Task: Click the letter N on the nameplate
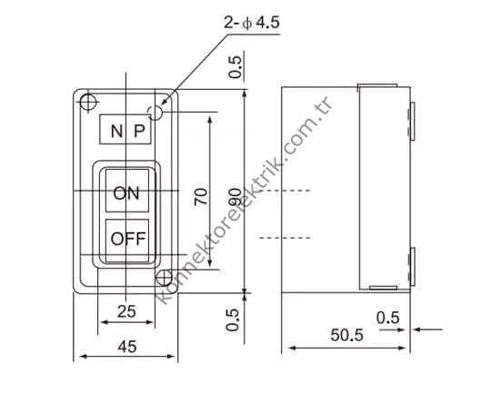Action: pyautogui.click(x=115, y=131)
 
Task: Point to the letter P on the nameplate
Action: pyautogui.click(x=139, y=131)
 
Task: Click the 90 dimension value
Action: pyautogui.click(x=234, y=196)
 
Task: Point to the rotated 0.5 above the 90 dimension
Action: pyautogui.click(x=235, y=69)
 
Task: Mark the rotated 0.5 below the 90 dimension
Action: pyautogui.click(x=234, y=319)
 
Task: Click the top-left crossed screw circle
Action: pyautogui.click(x=88, y=100)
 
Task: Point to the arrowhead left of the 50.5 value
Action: pyautogui.click(x=290, y=349)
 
